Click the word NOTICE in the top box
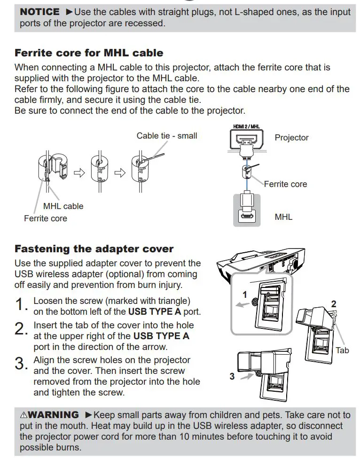tap(39, 11)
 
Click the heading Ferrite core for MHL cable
tap(89, 53)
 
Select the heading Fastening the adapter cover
tap(94, 248)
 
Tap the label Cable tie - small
tap(167, 136)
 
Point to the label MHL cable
tap(63, 206)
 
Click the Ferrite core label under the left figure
tap(46, 218)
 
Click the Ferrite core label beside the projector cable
tap(285, 184)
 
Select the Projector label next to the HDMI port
tap(291, 138)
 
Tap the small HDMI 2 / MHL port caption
tap(246, 126)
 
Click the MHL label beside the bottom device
tap(283, 217)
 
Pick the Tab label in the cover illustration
tap(342, 350)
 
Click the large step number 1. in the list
tap(22, 305)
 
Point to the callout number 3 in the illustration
tap(232, 376)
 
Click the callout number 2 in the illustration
tap(334, 303)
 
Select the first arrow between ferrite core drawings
tap(79, 172)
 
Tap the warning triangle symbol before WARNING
tap(24, 415)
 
